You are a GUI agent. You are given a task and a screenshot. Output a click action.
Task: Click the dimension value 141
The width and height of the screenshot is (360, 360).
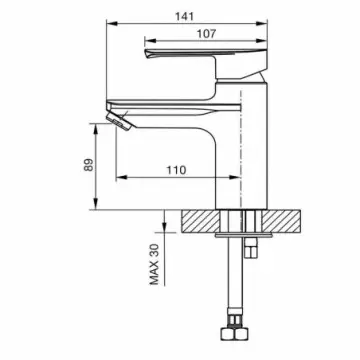click(184, 16)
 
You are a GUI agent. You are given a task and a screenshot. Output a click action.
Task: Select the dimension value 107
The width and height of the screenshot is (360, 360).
click(206, 33)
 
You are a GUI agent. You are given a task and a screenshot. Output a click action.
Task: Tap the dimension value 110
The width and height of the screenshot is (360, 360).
click(177, 170)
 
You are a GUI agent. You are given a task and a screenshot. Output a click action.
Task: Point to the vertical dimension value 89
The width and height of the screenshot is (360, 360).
click(89, 164)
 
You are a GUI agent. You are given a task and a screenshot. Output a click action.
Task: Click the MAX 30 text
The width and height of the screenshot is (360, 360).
click(154, 264)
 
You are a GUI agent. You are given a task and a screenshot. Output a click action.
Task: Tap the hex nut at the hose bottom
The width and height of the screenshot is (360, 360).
click(235, 334)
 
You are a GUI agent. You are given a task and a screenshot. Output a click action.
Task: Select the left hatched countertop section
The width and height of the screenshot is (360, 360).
click(201, 221)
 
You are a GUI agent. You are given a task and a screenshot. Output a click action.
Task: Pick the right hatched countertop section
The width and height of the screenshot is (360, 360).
click(281, 221)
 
